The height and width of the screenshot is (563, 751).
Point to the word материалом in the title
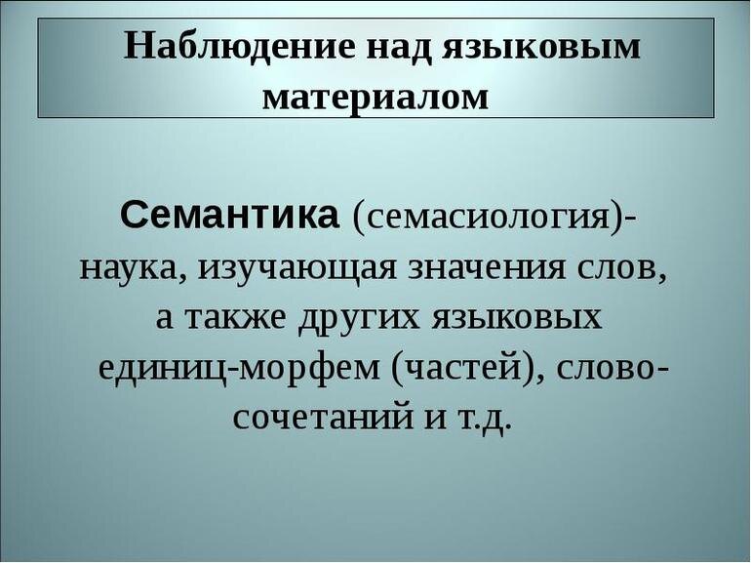pos(376,97)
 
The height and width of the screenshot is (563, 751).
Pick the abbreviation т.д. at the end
pos(482,420)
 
